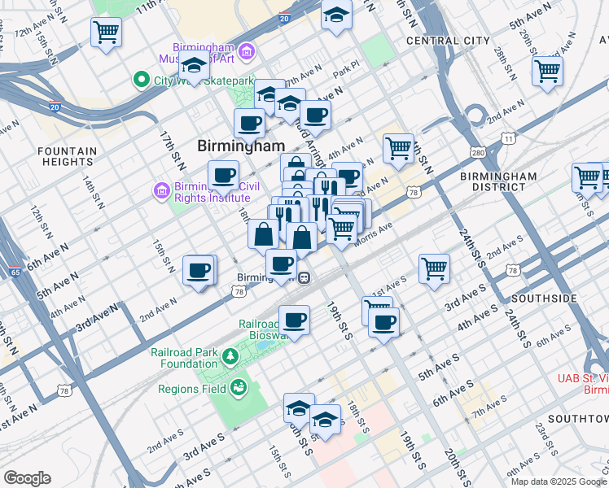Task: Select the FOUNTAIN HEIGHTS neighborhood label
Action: (x=67, y=157)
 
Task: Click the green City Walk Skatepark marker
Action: (x=141, y=80)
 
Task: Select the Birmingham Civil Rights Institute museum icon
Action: (x=160, y=192)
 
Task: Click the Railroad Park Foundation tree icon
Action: (x=230, y=355)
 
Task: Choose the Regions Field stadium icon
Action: (x=239, y=386)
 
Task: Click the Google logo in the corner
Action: (x=28, y=478)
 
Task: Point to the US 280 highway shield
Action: (x=478, y=153)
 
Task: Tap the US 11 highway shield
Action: (x=508, y=139)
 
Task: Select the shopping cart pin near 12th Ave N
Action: (x=106, y=33)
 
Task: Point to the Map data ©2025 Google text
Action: (x=559, y=481)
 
